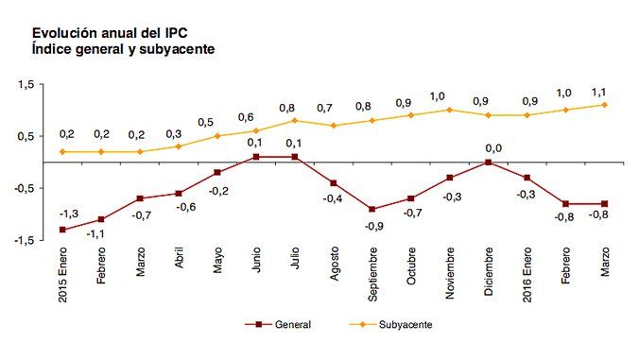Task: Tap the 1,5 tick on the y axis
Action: click(25, 85)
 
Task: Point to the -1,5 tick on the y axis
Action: click(24, 240)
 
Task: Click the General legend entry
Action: click(293, 324)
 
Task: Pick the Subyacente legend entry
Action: click(406, 324)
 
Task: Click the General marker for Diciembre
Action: click(488, 163)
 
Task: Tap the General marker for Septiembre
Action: click(371, 209)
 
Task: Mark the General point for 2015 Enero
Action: click(62, 230)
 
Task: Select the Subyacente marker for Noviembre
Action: click(449, 110)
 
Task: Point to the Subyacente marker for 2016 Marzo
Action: click(604, 105)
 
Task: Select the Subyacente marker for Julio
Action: click(294, 120)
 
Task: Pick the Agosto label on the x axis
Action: click(334, 268)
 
